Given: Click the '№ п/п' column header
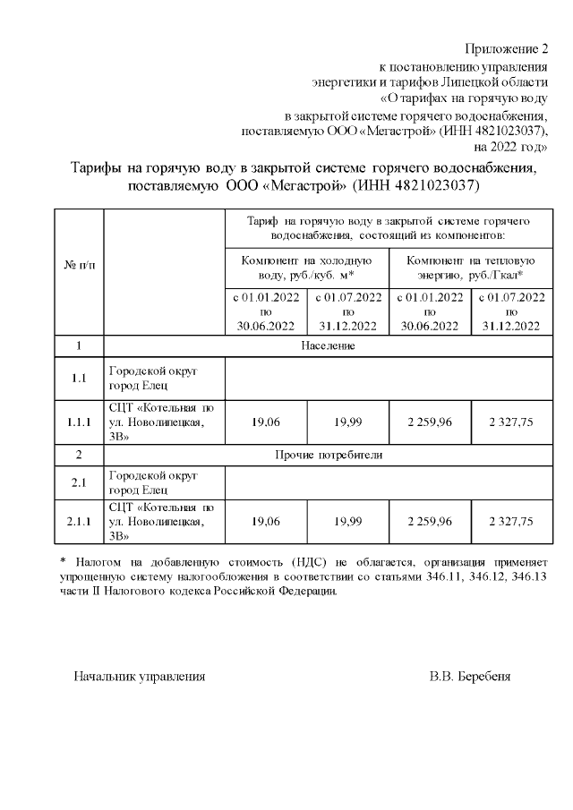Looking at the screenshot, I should tap(79, 268).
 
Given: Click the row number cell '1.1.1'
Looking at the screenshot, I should tap(79, 422).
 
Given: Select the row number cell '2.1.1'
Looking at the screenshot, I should tap(79, 521).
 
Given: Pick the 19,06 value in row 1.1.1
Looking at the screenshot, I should tap(266, 422).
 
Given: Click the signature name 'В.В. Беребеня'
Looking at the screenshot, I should tap(469, 677).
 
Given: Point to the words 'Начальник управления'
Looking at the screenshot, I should tap(139, 677).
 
